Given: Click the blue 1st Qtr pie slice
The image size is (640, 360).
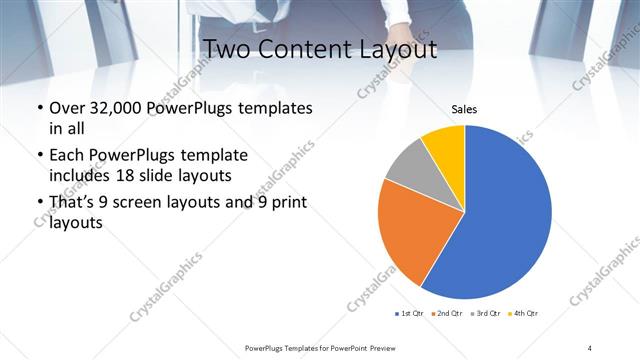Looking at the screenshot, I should tap(505, 215).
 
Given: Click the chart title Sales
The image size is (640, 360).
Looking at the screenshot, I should tap(464, 108).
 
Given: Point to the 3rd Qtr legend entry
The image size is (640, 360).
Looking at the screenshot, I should tap(484, 314).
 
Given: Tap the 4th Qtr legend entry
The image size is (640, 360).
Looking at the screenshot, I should tap(523, 314).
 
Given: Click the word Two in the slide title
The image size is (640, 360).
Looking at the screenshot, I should tap(226, 47).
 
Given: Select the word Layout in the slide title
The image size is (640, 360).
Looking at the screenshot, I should tap(398, 47).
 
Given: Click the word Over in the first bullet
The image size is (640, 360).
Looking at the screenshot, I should tap(66, 108).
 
